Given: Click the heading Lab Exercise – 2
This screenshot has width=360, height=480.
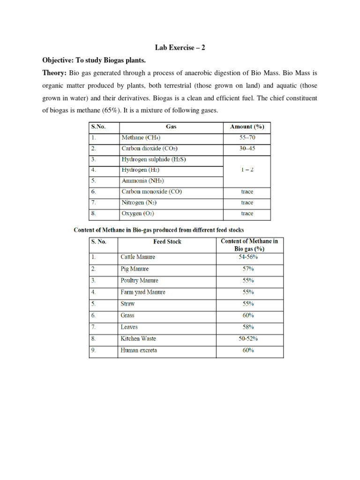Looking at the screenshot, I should tap(180, 48).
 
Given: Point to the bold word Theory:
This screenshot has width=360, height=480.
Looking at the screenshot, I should tap(55, 73).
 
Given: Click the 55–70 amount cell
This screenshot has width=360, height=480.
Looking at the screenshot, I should tap(247, 138).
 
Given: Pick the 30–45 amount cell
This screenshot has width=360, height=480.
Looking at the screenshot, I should tap(247, 149).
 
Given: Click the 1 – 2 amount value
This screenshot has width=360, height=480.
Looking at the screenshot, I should tap(247, 170).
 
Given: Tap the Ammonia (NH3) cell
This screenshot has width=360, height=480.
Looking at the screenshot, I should tap(142, 181).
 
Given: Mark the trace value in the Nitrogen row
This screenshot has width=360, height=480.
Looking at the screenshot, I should tap(247, 202).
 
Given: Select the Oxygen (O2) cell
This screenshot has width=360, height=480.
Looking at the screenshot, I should tap(138, 213).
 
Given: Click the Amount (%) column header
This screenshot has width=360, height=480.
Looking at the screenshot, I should tap(247, 127).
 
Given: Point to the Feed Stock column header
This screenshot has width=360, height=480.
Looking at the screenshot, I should tap(167, 242).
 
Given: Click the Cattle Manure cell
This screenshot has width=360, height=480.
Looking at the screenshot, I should tap(138, 257).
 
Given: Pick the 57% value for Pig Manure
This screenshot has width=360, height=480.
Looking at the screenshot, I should tap(248, 269).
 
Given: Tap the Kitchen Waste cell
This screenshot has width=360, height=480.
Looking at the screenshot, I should tap(138, 338).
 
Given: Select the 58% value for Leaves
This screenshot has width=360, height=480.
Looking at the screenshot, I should tap(248, 327).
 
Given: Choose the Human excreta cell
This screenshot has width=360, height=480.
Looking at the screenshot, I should tap(139, 350).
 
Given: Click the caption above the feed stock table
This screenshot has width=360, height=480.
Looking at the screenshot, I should tap(159, 230).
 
